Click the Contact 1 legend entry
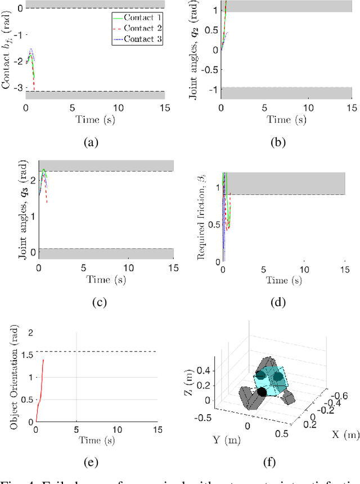click(x=140, y=18)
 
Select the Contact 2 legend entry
click(x=140, y=28)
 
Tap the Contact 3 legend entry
click(x=140, y=38)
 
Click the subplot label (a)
click(x=91, y=143)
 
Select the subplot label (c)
click(x=99, y=302)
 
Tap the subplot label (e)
click(x=91, y=463)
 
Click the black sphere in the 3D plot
click(x=262, y=392)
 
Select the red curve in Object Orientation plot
click(x=40, y=388)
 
